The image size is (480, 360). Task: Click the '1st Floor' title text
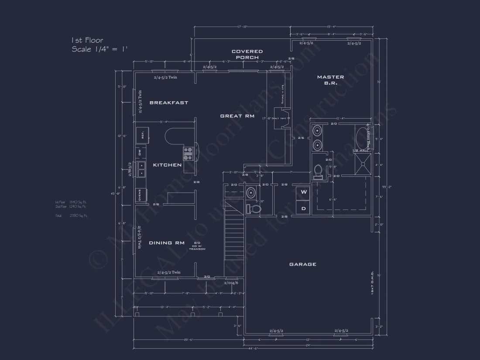pyautogui.click(x=87, y=41)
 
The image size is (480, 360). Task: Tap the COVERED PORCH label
pyautogui.click(x=247, y=54)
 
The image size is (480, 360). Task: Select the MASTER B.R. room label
pyautogui.click(x=330, y=80)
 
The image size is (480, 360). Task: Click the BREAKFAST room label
pyautogui.click(x=169, y=103)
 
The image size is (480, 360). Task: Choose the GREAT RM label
pyautogui.click(x=237, y=116)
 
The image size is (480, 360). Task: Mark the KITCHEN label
pyautogui.click(x=167, y=165)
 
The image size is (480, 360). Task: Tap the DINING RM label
pyautogui.click(x=167, y=243)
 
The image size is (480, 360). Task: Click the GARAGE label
pyautogui.click(x=302, y=264)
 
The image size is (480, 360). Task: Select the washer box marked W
pyautogui.click(x=304, y=192)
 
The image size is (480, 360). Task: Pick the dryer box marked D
pyautogui.click(x=304, y=208)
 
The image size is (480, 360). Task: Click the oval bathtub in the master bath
pyautogui.click(x=362, y=138)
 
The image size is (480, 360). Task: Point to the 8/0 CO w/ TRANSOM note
pyautogui.click(x=197, y=246)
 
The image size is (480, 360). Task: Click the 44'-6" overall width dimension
pyautogui.click(x=253, y=348)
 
